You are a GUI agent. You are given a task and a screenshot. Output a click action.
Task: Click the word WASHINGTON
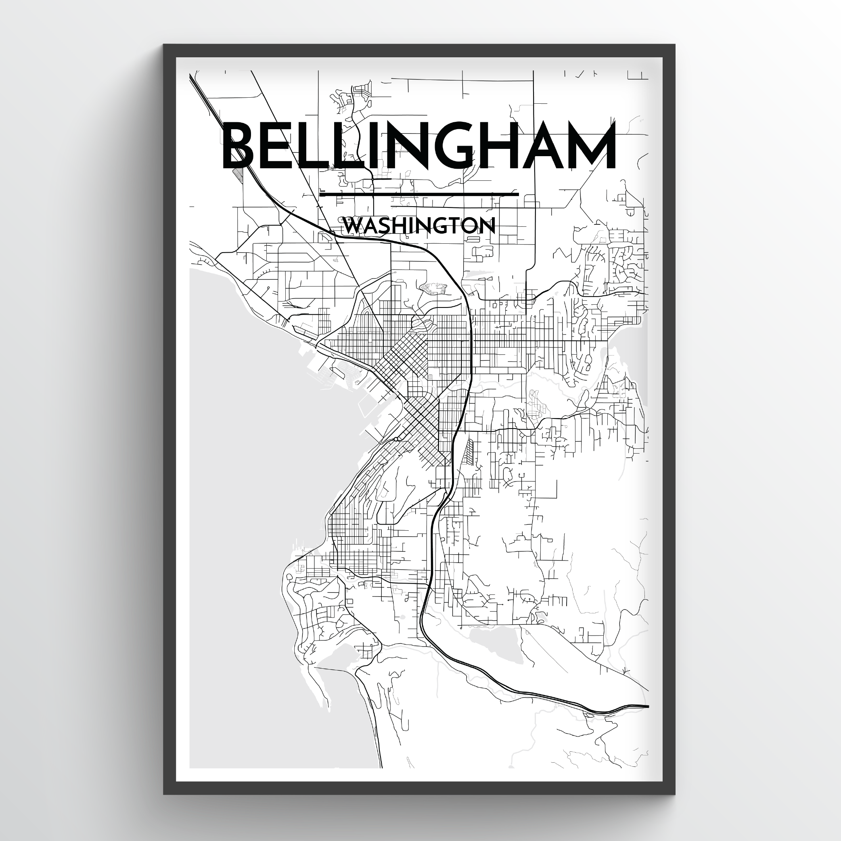tap(419, 226)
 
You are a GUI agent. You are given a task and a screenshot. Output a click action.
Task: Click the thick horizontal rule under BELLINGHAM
tap(419, 194)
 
